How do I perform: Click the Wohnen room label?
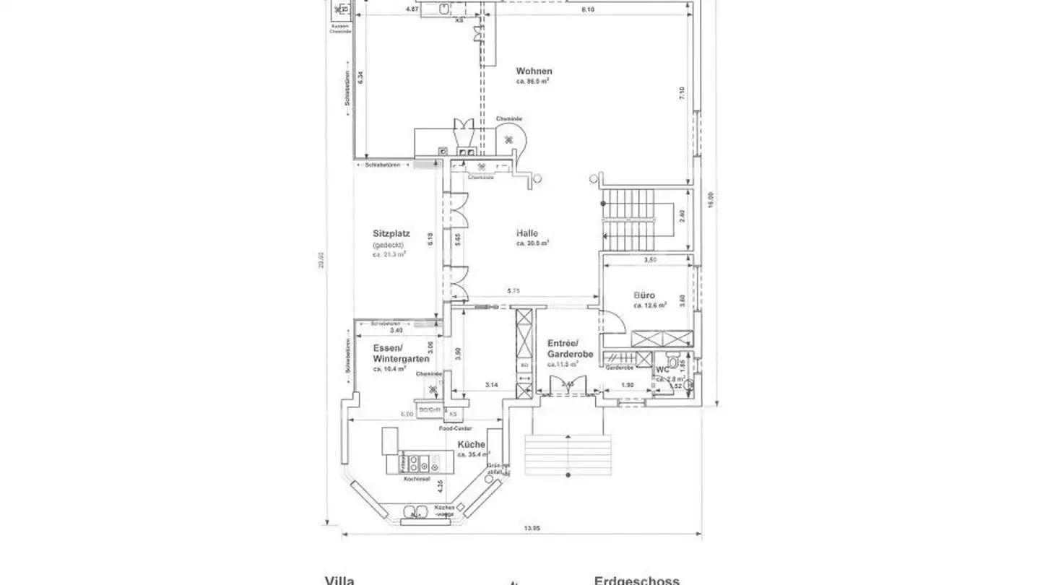pos(534,71)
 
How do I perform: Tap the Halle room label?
pos(527,233)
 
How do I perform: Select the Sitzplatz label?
pos(391,234)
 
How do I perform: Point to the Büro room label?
pos(644,295)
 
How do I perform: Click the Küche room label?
pos(471,445)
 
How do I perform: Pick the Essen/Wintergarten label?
pos(401,353)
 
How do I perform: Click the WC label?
pos(662,370)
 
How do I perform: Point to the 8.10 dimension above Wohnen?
pos(588,9)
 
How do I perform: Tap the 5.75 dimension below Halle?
pos(513,291)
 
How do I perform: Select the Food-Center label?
pos(455,428)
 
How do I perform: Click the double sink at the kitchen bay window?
pos(413,513)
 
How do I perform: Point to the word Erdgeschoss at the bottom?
pos(636,580)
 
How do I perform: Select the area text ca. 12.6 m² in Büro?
pos(649,305)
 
